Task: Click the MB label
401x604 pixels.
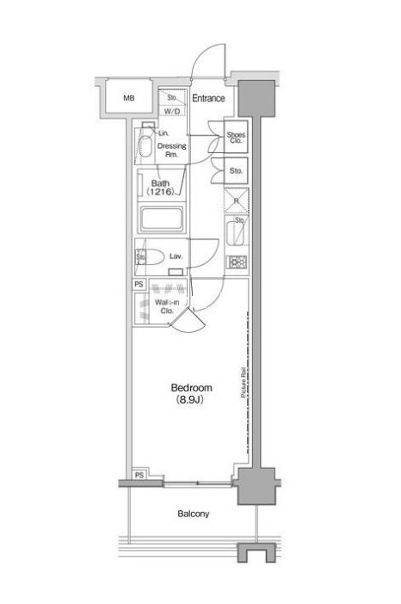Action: [x=129, y=99]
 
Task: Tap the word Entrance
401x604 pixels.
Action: [x=208, y=99]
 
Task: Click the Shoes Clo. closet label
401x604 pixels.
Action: [x=236, y=139]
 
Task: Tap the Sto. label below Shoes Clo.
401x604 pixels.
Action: [x=236, y=171]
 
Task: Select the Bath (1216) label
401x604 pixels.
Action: [x=162, y=188]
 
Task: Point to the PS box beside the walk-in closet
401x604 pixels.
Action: [x=138, y=284]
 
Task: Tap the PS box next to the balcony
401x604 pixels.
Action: [x=139, y=474]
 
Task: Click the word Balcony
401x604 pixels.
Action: [x=193, y=515]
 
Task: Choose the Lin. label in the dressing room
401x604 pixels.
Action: [x=163, y=133]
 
